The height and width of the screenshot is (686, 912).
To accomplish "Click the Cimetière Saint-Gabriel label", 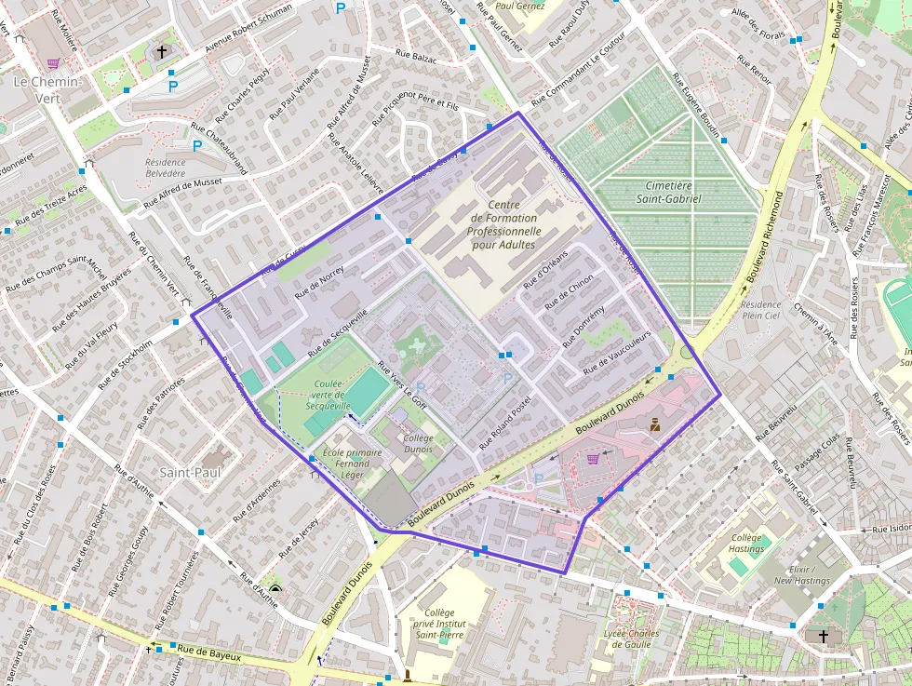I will click(x=668, y=192).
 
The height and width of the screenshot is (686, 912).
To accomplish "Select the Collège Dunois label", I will click(x=418, y=443).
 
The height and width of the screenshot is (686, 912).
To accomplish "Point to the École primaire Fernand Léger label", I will click(x=352, y=464).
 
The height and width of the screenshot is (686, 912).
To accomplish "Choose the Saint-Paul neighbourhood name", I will click(x=190, y=473).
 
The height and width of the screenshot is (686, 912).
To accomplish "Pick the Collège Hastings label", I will click(x=746, y=543).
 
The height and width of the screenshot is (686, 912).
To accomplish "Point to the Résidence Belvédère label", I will click(x=165, y=168).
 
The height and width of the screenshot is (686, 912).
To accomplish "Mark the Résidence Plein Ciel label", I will click(x=760, y=310).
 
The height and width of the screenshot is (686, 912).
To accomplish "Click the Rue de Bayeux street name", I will click(x=209, y=654).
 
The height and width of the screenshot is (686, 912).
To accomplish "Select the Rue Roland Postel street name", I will click(x=503, y=423).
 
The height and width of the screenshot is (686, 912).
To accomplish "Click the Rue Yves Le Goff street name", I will click(x=401, y=383).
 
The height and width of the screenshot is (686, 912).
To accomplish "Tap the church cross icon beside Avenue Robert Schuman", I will click(x=162, y=51).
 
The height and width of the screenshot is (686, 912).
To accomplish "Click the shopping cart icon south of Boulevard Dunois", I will click(x=593, y=458).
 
